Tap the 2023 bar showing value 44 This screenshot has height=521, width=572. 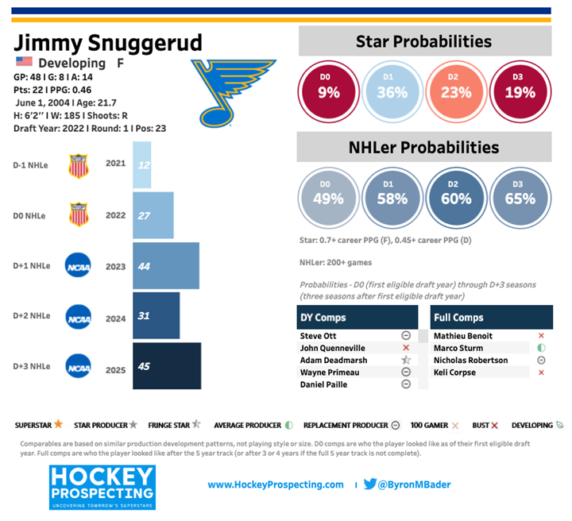pos(165,266)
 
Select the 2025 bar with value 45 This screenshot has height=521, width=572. pos(166,366)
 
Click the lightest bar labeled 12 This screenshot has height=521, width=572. pos(141,165)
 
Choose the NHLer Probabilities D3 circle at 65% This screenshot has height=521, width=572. pos(520,199)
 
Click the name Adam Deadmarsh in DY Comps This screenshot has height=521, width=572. pos(332,360)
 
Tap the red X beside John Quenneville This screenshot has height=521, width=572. pos(405,348)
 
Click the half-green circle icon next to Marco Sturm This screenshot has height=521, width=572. pos(541,348)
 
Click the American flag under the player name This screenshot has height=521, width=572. pos(24,62)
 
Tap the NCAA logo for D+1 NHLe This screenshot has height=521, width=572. pos(78,266)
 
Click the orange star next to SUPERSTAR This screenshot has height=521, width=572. pos(59,424)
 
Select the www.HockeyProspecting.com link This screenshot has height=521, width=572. pos(276,484)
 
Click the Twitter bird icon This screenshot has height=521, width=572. pos(370,484)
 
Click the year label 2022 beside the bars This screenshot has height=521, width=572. pos(115,215)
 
